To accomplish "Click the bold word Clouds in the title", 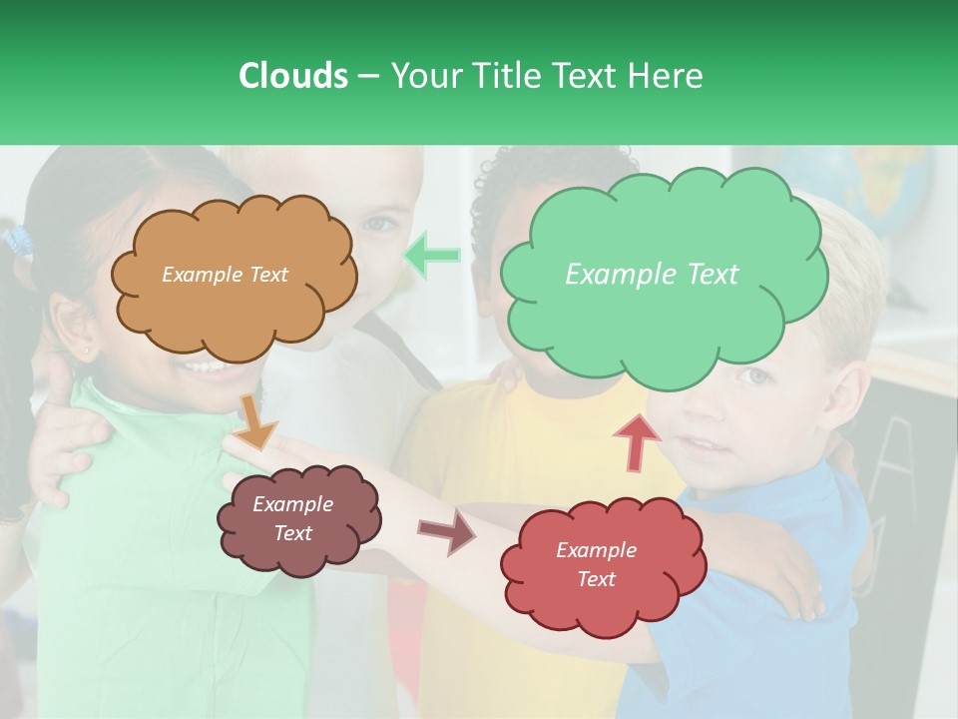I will [292, 76].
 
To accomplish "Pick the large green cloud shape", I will [664, 320].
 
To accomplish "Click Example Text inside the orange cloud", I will [225, 275].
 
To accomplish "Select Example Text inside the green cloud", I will [652, 275].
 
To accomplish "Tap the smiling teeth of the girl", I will [205, 366].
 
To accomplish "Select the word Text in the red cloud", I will [596, 579].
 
